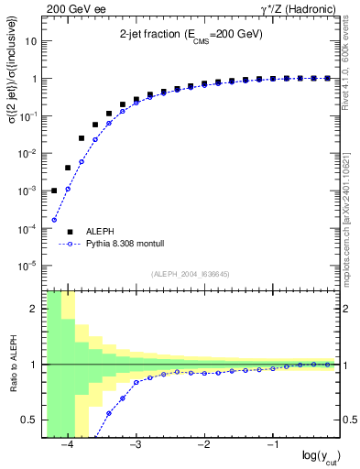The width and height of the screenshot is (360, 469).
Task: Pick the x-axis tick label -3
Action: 135,445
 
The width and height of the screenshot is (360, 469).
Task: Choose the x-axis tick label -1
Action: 272,445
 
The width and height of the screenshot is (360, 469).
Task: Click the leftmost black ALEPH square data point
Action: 54,191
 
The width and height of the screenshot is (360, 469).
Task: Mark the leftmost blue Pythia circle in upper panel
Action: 54,220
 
